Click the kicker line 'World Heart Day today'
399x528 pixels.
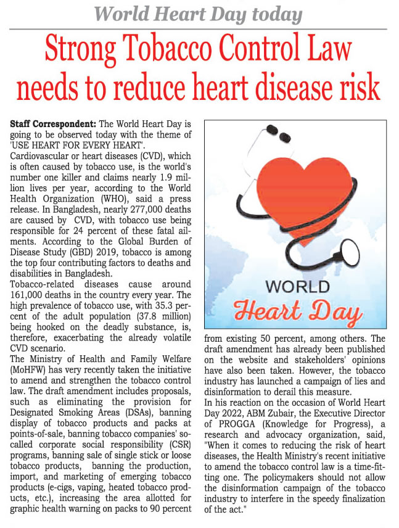(199, 14)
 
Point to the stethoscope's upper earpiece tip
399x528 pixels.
(269, 130)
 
